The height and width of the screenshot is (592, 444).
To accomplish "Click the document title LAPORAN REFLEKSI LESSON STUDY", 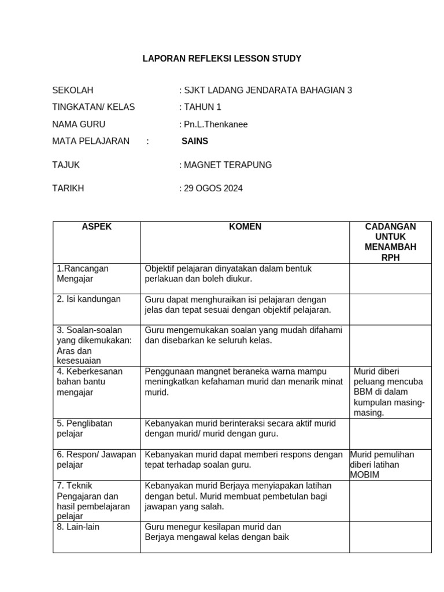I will [x=222, y=59].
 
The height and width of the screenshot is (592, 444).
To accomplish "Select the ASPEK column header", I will [x=97, y=227].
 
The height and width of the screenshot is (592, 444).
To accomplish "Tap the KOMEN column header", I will [x=245, y=227].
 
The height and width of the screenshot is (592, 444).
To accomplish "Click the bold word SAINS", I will [x=195, y=141].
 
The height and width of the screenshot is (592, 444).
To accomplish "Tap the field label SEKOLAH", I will [x=73, y=90].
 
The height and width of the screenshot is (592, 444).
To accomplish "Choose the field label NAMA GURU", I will [x=79, y=124].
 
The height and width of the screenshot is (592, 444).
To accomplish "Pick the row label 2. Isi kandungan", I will [x=88, y=299].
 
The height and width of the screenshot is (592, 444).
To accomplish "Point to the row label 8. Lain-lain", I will [x=78, y=527].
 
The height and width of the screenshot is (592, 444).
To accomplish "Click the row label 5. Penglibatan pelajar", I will [x=84, y=428].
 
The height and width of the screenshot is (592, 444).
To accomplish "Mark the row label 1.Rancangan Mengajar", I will [x=82, y=273].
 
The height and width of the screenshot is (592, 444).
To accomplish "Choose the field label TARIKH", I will [x=68, y=188].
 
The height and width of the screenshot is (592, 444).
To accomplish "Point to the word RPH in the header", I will [x=390, y=258].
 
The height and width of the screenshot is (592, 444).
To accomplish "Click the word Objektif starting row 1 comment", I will [x=161, y=269].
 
